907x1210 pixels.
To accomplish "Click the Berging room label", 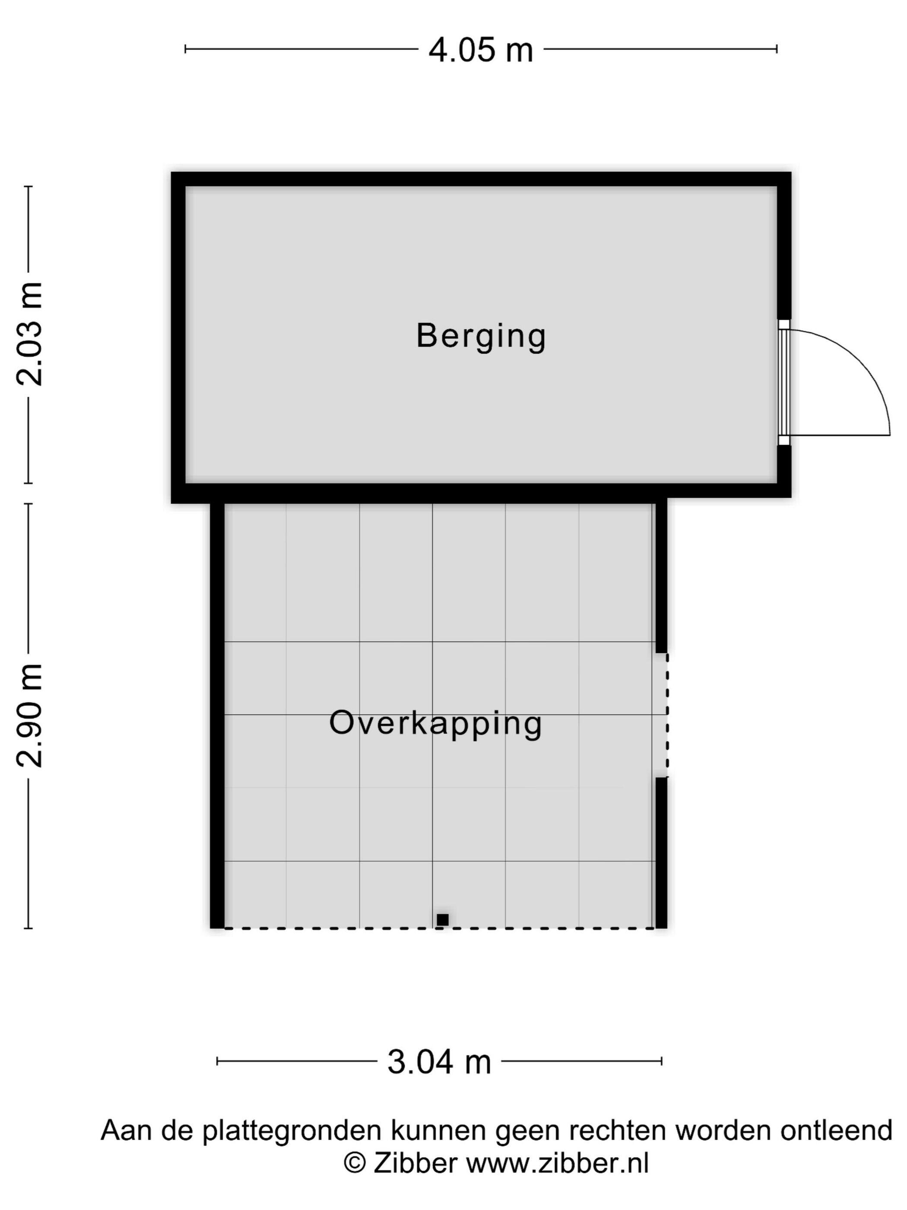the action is tap(481, 336).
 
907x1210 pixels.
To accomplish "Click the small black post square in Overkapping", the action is tap(442, 920).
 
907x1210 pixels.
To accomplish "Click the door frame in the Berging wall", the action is tap(784, 382).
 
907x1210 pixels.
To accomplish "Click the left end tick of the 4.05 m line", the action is tap(186, 49).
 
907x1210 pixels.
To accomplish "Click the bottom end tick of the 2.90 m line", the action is tap(29, 928).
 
